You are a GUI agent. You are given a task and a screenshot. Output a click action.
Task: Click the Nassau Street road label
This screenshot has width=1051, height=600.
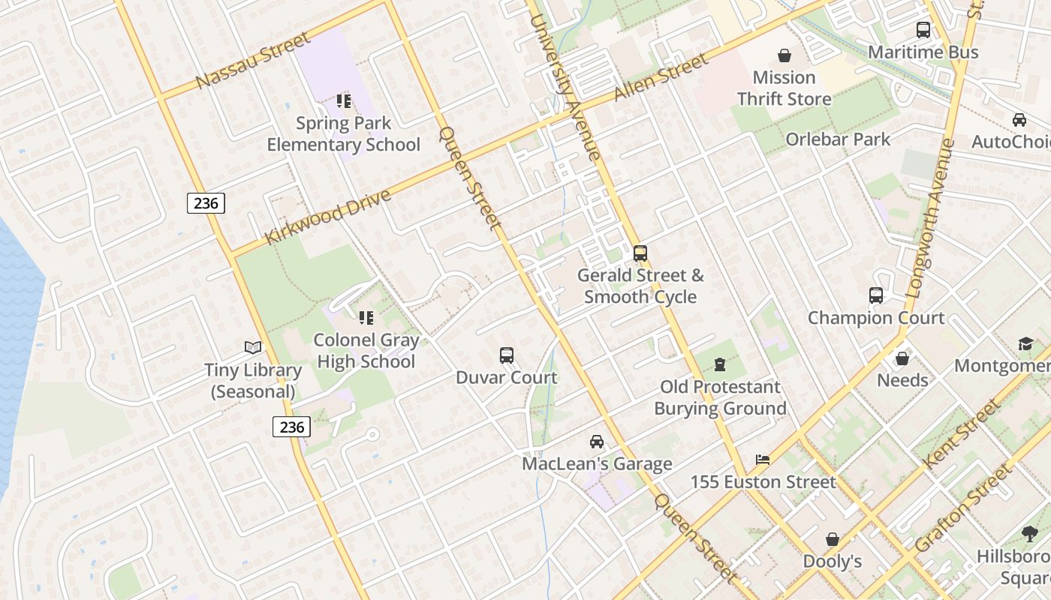point(252,60)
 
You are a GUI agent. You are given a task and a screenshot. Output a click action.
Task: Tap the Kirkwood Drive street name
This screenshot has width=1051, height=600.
point(328,217)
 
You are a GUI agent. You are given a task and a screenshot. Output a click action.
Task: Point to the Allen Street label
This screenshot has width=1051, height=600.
point(661,77)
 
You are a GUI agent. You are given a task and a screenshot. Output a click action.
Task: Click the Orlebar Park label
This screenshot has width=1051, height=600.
point(838,139)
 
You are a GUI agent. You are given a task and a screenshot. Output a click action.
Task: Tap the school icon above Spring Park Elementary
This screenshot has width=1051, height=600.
point(344,100)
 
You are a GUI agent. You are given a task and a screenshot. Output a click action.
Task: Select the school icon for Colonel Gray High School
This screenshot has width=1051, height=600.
point(366,318)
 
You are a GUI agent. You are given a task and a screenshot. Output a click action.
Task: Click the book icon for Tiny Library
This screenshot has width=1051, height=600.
point(254,347)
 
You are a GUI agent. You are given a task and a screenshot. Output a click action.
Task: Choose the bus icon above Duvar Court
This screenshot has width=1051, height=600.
point(507,355)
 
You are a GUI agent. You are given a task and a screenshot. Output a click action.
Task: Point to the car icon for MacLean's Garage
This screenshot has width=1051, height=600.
point(597,441)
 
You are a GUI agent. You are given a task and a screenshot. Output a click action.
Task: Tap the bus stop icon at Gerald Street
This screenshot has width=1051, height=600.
point(640,253)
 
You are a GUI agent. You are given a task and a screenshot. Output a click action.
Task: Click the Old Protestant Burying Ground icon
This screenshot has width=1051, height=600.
point(720,364)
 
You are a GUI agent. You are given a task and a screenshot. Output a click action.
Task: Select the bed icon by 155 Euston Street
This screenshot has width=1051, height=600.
point(763,459)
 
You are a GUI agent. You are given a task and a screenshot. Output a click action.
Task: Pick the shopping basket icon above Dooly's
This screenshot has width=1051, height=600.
point(832,539)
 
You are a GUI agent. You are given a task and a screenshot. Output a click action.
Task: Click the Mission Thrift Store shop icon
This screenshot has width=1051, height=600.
point(784,55)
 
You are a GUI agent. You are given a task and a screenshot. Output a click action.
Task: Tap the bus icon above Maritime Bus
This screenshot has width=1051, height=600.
point(923,30)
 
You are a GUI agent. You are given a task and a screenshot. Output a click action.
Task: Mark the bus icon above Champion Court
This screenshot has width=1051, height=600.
point(876,295)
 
